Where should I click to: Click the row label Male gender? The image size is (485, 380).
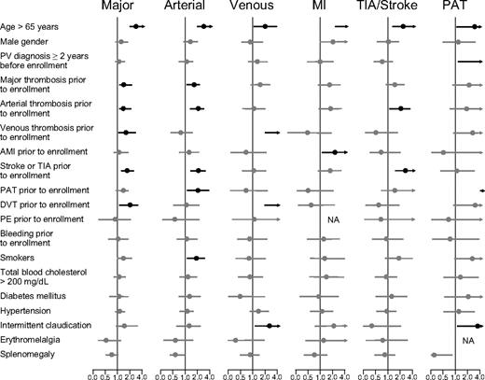click(26, 42)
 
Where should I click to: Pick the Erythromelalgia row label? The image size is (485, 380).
click(30, 340)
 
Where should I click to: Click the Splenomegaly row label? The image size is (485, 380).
click(28, 355)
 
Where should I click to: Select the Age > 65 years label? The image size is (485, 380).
click(31, 26)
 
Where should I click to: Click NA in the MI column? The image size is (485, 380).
click(332, 219)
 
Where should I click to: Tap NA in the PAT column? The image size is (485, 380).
click(464, 341)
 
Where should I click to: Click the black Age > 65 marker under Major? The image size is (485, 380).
click(135, 27)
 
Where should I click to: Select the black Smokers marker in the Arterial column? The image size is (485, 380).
click(197, 258)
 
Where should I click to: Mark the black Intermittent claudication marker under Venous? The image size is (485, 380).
click(270, 326)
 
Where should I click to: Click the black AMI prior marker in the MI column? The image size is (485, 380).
click(336, 151)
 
